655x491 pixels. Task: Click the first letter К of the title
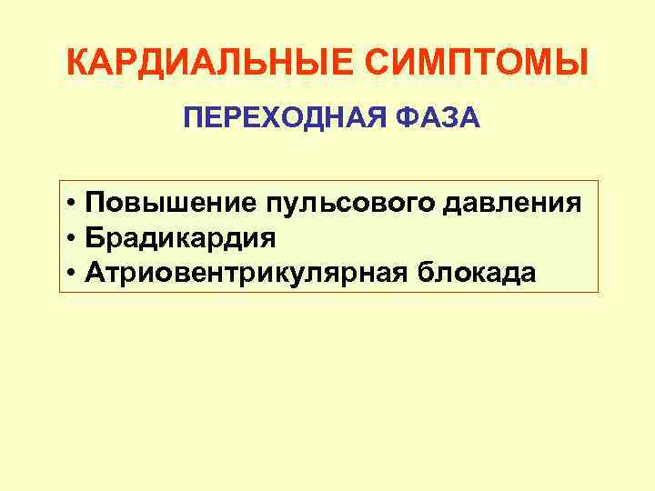coord(78,64)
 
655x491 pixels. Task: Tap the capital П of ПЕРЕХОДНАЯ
coord(192,117)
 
